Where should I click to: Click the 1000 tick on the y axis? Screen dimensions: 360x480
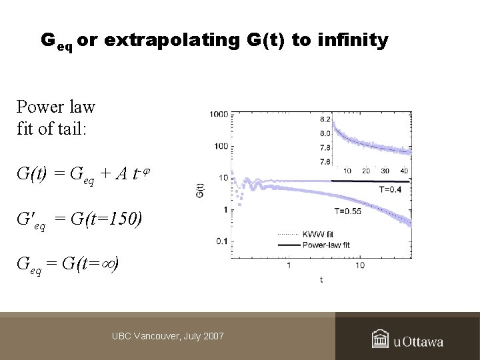point(219,115)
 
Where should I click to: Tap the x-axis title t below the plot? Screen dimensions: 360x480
point(321,279)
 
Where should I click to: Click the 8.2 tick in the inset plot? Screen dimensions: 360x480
point(325,119)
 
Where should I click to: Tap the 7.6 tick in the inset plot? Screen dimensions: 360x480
point(325,161)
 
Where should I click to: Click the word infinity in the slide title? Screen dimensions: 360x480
point(354,41)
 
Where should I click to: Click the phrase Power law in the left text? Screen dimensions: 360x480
point(56,107)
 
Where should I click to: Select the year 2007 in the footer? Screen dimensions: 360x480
point(211,337)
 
